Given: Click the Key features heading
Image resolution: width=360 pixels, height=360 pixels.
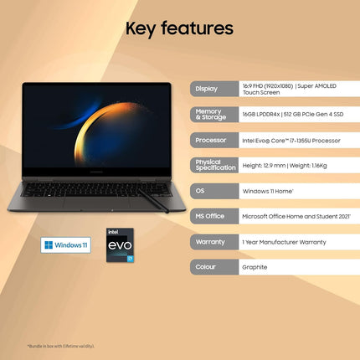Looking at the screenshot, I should click(x=179, y=28).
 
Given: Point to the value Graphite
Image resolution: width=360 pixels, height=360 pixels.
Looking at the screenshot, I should click(x=255, y=267).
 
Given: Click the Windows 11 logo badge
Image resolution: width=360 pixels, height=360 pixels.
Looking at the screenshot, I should click(x=66, y=244).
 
